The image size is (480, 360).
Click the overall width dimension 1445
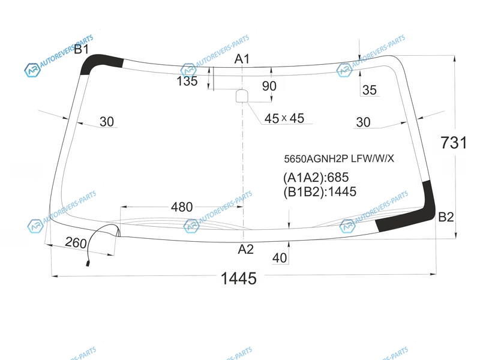tap(238, 278)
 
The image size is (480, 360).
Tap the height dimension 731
tap(454, 143)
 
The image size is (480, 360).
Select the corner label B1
tap(82, 49)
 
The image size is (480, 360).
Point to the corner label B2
tap(446, 217)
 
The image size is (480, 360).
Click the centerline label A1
tap(242, 59)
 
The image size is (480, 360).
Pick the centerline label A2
tap(246, 249)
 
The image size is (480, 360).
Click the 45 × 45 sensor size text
tap(284, 118)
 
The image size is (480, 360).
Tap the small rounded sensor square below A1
tap(242, 95)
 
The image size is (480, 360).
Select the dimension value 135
tap(187, 81)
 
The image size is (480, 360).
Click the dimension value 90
tap(269, 86)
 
